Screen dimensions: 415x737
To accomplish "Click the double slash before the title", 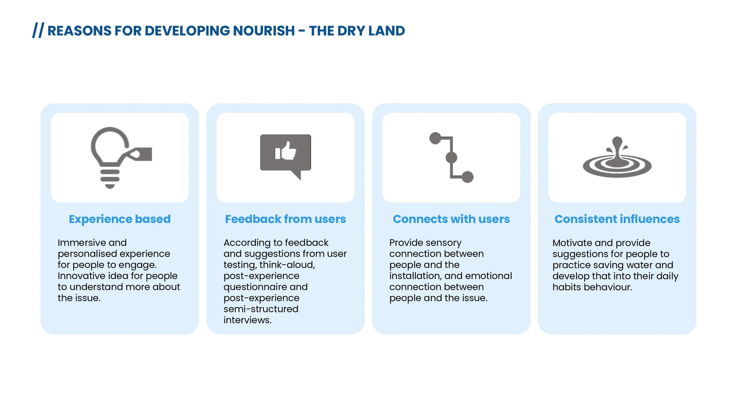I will point(38,30).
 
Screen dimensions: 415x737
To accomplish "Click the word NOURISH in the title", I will point(264,31).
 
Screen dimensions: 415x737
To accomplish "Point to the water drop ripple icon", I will point(617,159).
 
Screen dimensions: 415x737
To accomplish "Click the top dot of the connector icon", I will point(435,138).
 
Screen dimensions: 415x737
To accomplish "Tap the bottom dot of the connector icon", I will point(467,177).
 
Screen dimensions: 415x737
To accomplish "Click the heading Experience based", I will point(120,219).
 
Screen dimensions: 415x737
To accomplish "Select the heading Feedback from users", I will point(285,219).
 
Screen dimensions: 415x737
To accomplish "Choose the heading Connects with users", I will point(451,219).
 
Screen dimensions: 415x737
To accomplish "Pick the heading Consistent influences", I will point(617,219).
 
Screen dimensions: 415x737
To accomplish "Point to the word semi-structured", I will point(261,309).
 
